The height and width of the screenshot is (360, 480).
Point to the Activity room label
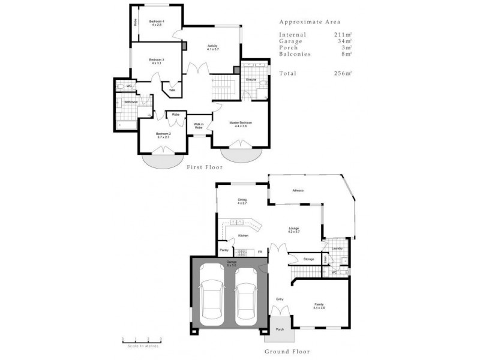click(213, 48)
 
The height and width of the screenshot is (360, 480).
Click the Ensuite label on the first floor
click(251, 79)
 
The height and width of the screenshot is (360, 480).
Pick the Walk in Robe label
click(198, 127)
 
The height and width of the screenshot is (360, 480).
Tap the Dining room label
click(242, 202)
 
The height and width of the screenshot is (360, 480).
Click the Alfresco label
click(298, 191)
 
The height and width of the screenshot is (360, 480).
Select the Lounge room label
click(293, 230)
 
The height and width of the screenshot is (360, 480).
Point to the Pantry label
click(224, 250)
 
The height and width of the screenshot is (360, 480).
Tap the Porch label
click(280, 329)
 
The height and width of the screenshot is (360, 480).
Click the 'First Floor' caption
click(205, 167)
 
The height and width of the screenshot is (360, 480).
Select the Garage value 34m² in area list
click(343, 41)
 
